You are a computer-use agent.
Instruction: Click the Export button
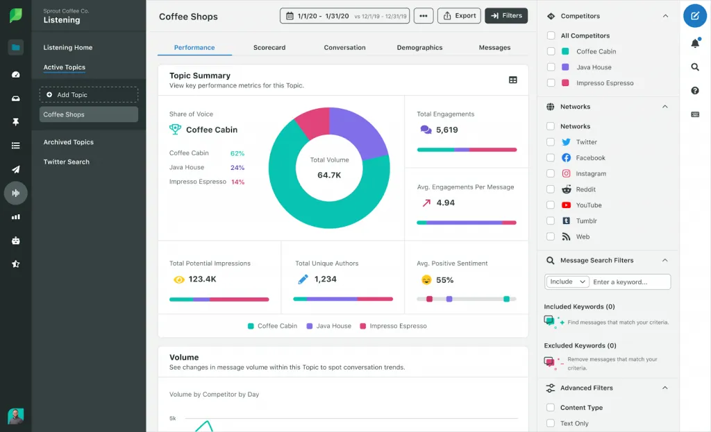point(459,16)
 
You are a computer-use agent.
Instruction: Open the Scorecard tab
point(269,48)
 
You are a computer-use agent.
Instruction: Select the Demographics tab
point(419,48)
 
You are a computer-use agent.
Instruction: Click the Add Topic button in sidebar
point(88,95)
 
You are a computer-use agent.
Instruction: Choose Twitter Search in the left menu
point(66,162)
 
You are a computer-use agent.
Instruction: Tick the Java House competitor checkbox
point(551,67)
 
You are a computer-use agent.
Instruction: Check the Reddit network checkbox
point(551,189)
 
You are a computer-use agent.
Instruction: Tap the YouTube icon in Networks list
point(566,205)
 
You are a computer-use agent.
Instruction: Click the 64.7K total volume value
point(329,175)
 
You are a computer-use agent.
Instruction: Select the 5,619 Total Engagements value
point(446,130)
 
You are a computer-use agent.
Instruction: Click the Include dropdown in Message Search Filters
point(567,282)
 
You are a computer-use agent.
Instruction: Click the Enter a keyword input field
point(630,282)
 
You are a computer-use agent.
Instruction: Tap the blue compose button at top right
point(694,16)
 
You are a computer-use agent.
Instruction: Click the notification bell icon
point(694,44)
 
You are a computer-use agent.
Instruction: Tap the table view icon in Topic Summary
point(512,80)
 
